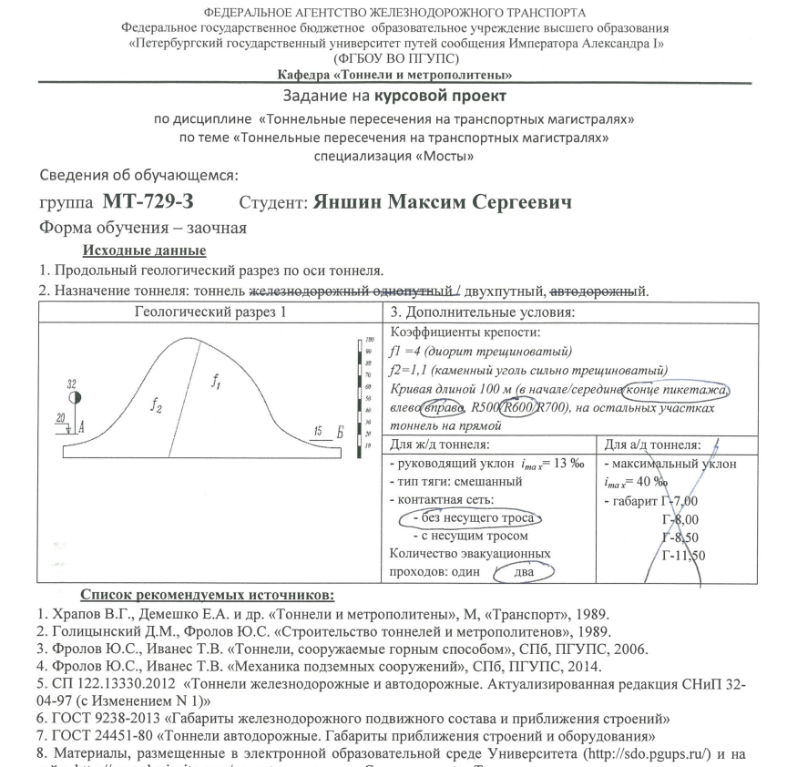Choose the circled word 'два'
pyautogui.click(x=525, y=572)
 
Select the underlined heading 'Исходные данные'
pyautogui.click(x=144, y=251)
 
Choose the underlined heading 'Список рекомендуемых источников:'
pyautogui.click(x=208, y=596)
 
